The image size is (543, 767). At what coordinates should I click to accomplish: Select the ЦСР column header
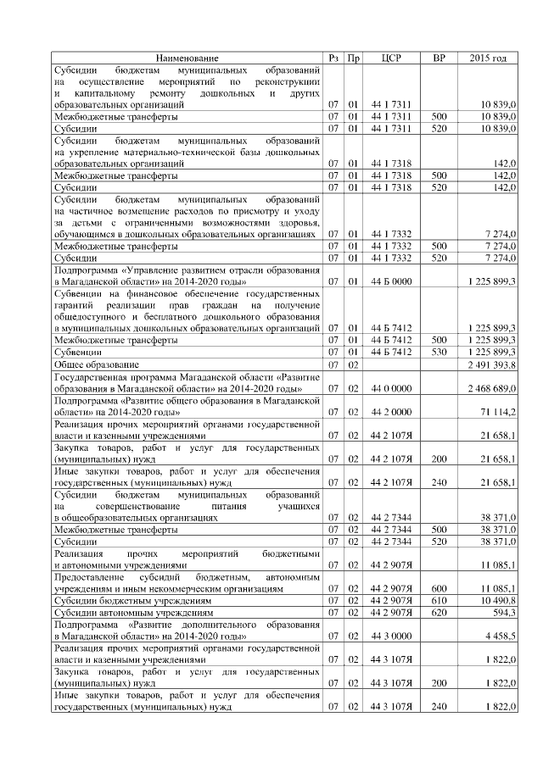(392, 57)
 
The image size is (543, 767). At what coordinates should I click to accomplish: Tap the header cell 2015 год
(488, 57)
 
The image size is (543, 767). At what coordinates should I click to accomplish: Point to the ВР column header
(439, 57)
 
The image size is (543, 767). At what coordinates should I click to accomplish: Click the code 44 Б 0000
(392, 281)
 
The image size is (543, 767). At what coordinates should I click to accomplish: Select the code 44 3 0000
(392, 635)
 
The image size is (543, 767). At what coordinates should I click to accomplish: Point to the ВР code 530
(439, 351)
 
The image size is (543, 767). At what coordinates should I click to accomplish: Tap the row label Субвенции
(77, 351)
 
